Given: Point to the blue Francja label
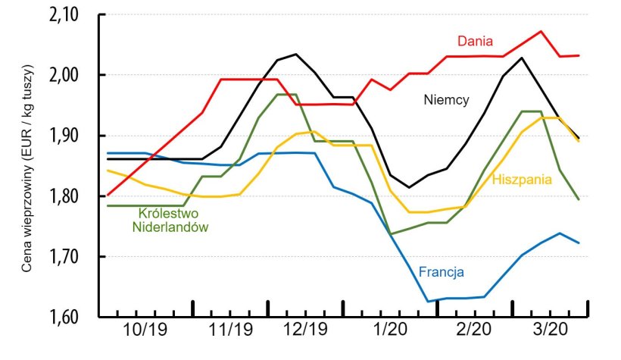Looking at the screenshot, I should pyautogui.click(x=441, y=271).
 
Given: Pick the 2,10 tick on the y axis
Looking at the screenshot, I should pyautogui.click(x=70, y=14).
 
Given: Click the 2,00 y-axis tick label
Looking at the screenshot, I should pyautogui.click(x=70, y=75).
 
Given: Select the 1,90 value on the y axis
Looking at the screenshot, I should pyautogui.click(x=70, y=136).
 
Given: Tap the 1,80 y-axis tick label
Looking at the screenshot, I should pyautogui.click(x=70, y=196).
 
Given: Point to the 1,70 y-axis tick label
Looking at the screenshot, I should pyautogui.click(x=70, y=257).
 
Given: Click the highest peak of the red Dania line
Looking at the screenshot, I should pyautogui.click(x=540, y=31).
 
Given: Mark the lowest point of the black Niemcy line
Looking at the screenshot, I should pyautogui.click(x=409, y=187).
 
